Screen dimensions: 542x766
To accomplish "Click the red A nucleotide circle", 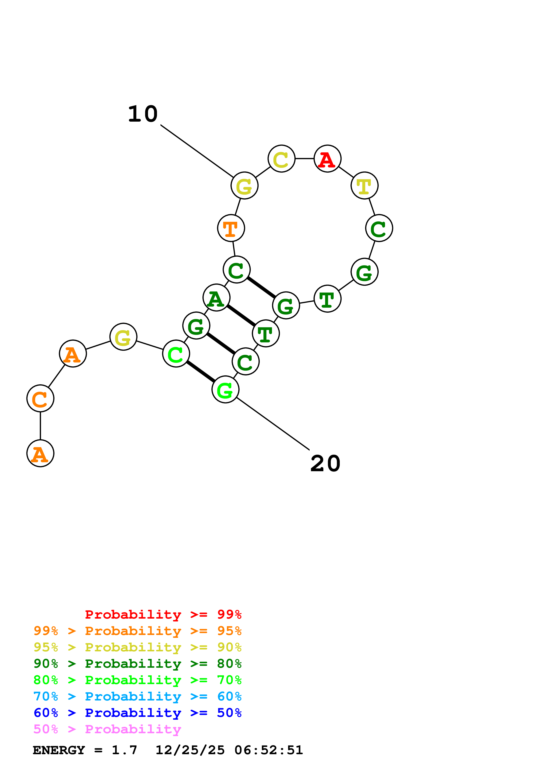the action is (x=327, y=159).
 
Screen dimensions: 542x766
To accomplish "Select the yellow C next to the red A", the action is (x=282, y=159).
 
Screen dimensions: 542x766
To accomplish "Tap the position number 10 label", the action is (x=143, y=114).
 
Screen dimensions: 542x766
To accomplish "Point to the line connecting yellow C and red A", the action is (x=305, y=159).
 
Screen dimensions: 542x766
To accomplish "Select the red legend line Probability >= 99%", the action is (x=163, y=614).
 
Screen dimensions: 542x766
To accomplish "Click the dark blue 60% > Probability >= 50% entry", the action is (x=138, y=713).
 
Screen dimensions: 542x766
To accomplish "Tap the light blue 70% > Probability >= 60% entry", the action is (x=138, y=696).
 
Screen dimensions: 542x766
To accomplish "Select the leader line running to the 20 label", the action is (x=273, y=423).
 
